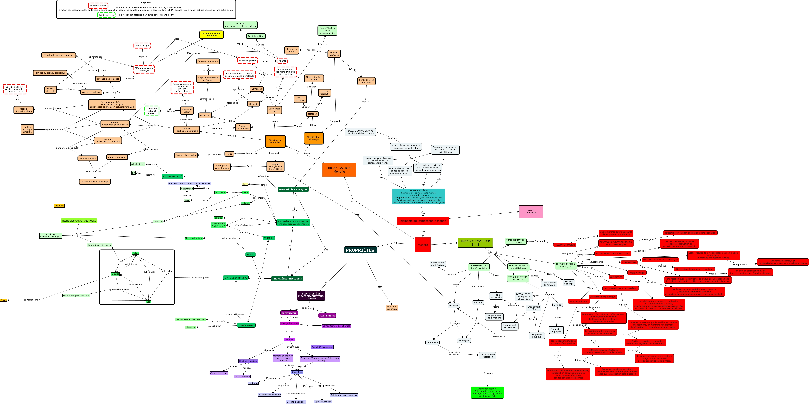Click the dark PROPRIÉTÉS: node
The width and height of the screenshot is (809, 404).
pos(361,250)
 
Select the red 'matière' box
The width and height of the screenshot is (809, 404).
pos(423,245)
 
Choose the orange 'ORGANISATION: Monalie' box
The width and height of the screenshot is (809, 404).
pos(339,170)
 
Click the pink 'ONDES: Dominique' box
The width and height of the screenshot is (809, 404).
pos(531,211)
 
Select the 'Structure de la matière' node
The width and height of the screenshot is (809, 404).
pos(275,141)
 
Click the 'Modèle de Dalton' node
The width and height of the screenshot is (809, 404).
pos(187,111)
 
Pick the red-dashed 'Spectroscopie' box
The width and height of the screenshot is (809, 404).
pos(142,46)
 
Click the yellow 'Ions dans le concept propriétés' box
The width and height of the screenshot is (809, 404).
pos(211,35)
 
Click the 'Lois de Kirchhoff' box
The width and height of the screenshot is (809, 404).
pos(323,402)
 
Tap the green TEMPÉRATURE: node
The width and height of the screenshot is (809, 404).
pos(246,325)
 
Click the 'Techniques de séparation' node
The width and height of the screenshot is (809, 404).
pos(487,356)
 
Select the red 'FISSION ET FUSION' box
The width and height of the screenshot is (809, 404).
pos(564,245)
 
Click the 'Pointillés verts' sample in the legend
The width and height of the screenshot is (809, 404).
pos(106,15)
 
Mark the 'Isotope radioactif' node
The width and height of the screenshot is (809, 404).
pos(324,93)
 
